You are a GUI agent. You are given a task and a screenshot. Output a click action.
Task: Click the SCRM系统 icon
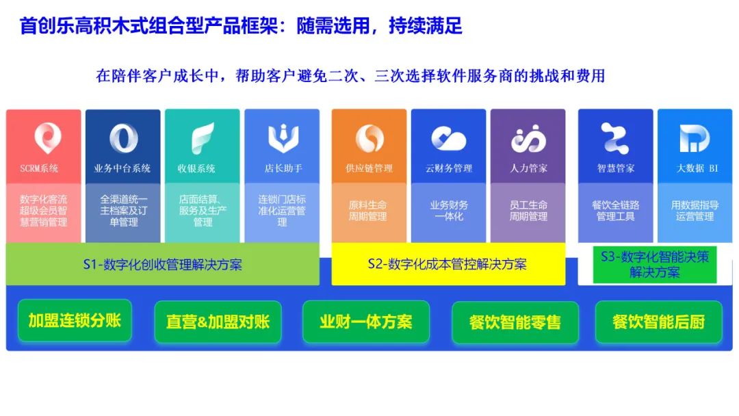[47, 138]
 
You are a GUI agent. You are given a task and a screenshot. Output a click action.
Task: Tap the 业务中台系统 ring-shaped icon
[123, 138]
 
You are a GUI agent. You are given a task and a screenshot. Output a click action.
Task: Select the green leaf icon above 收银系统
[203, 138]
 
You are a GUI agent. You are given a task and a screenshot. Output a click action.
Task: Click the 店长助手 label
[283, 168]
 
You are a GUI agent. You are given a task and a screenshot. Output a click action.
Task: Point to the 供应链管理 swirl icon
[369, 138]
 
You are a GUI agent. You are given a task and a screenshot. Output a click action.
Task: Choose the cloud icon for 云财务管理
[449, 138]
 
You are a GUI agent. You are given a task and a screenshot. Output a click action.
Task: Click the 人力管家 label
[528, 168]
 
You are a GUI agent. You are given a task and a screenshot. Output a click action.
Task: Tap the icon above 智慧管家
[614, 138]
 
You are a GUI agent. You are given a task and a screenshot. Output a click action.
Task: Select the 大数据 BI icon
[695, 138]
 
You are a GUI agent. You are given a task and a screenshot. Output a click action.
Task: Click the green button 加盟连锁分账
[75, 320]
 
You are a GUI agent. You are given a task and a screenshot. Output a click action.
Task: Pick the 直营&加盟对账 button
[218, 322]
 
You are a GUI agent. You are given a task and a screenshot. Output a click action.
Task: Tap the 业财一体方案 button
[365, 322]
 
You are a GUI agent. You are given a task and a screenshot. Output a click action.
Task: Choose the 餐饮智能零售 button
[515, 322]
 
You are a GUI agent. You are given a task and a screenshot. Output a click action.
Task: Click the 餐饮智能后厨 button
[658, 322]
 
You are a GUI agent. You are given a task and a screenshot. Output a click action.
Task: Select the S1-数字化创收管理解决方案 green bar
[163, 264]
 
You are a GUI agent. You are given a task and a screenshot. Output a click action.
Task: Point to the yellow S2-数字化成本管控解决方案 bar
[448, 264]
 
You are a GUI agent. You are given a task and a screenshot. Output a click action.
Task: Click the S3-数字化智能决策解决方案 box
[655, 264]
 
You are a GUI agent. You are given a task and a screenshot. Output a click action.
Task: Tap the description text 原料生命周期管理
[367, 211]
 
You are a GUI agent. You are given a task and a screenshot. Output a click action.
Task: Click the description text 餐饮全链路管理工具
[616, 211]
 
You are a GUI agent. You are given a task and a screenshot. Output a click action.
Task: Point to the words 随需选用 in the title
[333, 25]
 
